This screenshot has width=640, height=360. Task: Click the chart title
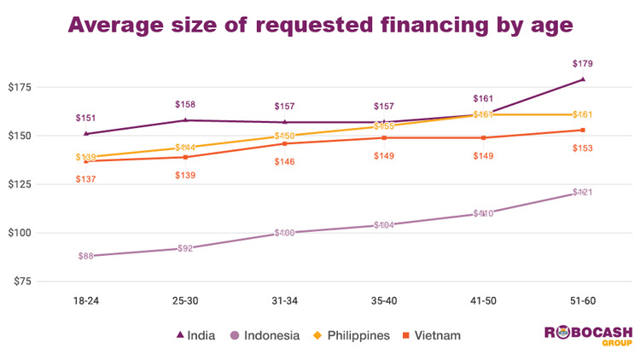click(320, 25)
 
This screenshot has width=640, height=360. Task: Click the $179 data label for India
click(583, 63)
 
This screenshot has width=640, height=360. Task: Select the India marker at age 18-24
click(86, 133)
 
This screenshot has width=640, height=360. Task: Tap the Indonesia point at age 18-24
click(86, 255)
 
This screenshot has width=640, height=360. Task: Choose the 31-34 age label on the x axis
click(284, 300)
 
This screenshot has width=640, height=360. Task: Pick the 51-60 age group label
click(583, 300)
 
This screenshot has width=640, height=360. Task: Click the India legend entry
click(195, 335)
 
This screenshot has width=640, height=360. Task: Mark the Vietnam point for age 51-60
click(583, 130)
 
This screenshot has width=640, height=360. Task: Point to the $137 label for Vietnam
click(86, 179)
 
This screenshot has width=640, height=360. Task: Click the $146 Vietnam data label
click(284, 161)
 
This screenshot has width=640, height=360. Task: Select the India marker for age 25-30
click(185, 120)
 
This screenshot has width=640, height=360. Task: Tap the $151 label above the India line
click(86, 118)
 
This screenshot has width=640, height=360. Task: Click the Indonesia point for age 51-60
click(583, 193)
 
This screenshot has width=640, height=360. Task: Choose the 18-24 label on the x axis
click(86, 300)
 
